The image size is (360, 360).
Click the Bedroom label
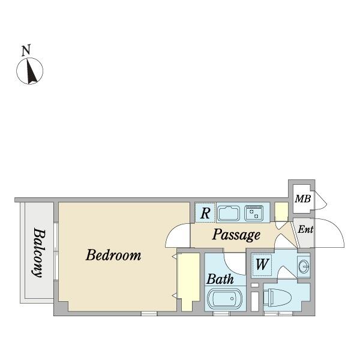113,255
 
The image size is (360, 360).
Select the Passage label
236,235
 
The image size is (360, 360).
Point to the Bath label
220,279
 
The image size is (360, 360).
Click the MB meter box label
303,199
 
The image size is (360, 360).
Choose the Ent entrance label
305,229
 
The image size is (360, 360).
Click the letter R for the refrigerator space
205,213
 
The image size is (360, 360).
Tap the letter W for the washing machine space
262,264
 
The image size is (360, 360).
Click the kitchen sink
229,213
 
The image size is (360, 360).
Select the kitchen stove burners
254,213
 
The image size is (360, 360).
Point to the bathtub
224,299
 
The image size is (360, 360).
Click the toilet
277,298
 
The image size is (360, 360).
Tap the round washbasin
304,266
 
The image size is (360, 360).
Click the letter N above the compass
26,51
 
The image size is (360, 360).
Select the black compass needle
31,71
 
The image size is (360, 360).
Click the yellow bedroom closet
188,282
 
